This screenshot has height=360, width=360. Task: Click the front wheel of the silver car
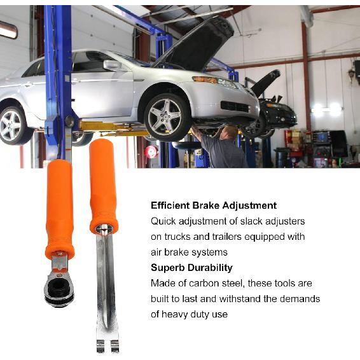(167, 116)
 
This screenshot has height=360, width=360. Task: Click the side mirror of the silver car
(112, 65)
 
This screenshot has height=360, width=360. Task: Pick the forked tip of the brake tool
(107, 343)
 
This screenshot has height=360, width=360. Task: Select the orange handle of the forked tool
(102, 184)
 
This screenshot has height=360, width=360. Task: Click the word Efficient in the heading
(172, 205)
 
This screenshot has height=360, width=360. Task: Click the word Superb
(169, 268)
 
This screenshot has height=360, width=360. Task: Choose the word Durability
(211, 268)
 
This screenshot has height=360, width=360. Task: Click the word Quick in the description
(165, 221)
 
